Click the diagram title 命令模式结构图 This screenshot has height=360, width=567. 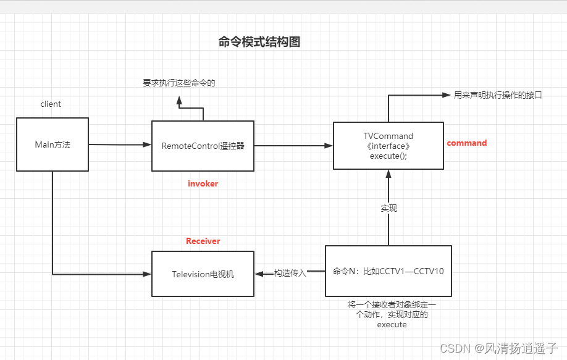(x=259, y=42)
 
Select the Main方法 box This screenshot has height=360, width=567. (x=52, y=144)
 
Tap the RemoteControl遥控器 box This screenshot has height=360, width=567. (x=203, y=146)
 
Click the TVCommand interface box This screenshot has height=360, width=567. (x=388, y=146)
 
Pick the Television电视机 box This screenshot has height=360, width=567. (x=203, y=274)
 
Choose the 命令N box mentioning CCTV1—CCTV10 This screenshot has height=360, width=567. (x=388, y=271)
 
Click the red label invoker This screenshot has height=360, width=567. (x=203, y=183)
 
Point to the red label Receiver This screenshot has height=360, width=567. (x=203, y=241)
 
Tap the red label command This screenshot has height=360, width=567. (x=467, y=143)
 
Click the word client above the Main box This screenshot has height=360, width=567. (x=51, y=104)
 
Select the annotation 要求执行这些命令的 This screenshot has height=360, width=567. (x=179, y=83)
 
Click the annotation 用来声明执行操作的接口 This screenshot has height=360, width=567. (x=498, y=95)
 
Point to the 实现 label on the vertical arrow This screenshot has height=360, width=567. (x=388, y=208)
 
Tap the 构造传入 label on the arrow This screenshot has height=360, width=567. (x=290, y=274)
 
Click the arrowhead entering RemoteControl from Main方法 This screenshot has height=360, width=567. (x=147, y=144)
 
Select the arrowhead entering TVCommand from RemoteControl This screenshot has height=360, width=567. (x=329, y=146)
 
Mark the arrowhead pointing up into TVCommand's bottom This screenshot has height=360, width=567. (x=388, y=174)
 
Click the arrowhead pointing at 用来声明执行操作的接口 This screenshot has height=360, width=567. (x=447, y=95)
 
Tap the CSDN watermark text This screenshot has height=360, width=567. (x=498, y=348)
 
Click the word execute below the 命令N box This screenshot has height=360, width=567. (x=392, y=325)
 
